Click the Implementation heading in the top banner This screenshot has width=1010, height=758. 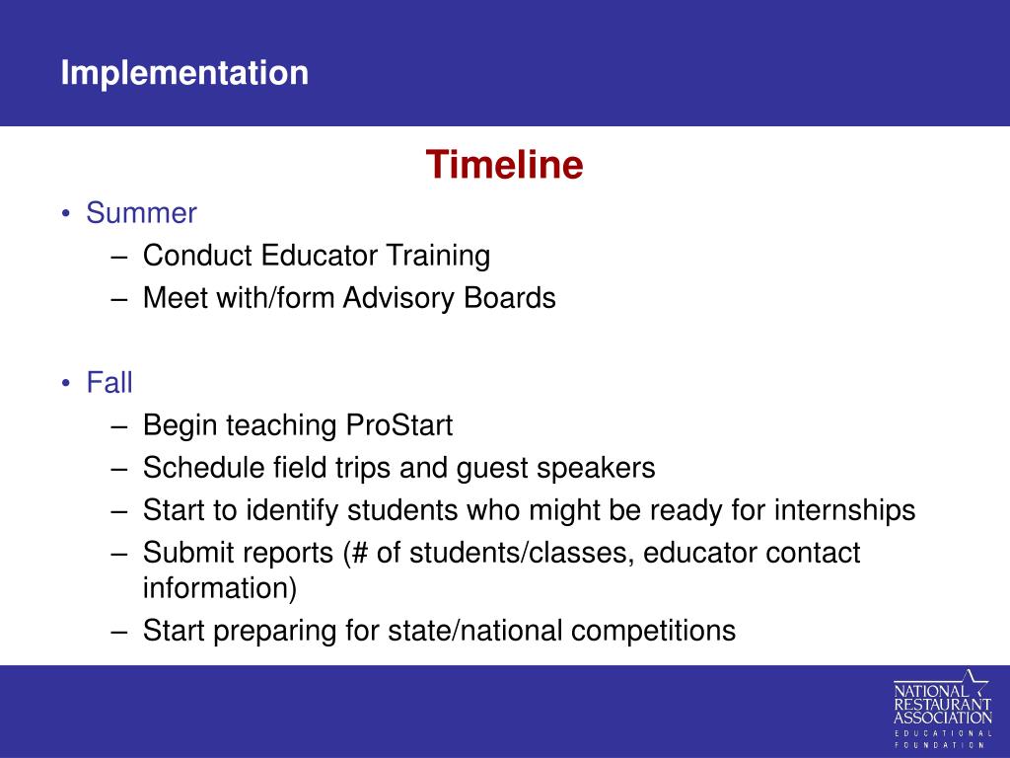184,73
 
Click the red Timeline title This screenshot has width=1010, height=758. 504,165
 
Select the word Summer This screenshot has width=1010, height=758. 141,213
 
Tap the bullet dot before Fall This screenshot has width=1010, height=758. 66,384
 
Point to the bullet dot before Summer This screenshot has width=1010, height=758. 66,213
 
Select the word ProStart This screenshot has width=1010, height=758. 399,425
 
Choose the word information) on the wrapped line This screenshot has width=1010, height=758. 220,588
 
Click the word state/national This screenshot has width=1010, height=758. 475,631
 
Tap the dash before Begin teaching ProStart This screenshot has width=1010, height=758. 119,426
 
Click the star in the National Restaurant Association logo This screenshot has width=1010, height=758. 975,683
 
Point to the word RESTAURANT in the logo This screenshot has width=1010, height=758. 942,705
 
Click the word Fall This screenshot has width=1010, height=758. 109,383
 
